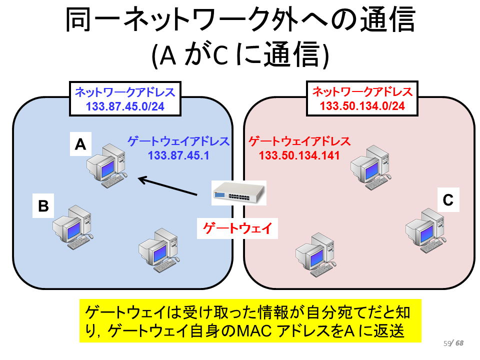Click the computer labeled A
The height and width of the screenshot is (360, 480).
point(107,166)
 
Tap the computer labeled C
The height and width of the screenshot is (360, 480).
point(426,230)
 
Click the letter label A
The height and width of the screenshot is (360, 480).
point(80,144)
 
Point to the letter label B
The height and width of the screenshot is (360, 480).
point(43,205)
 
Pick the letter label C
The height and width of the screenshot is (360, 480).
point(448,200)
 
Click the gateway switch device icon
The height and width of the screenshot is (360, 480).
point(239,192)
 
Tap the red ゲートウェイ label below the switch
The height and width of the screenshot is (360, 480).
point(237,228)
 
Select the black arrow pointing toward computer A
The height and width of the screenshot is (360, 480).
point(167,185)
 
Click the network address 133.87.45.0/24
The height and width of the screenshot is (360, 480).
point(125,106)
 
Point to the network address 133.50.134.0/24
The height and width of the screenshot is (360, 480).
point(362,106)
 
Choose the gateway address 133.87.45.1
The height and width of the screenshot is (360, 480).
point(179,155)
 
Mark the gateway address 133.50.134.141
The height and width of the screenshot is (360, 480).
point(299,155)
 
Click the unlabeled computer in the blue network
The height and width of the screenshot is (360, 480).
point(159,250)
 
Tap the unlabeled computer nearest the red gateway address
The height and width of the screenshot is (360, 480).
point(371,167)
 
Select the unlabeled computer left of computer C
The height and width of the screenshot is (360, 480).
point(315,254)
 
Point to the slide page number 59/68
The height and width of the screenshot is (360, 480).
point(453,343)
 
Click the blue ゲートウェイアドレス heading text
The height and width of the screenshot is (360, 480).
point(179,141)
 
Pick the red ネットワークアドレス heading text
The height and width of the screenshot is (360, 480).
point(362,92)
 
